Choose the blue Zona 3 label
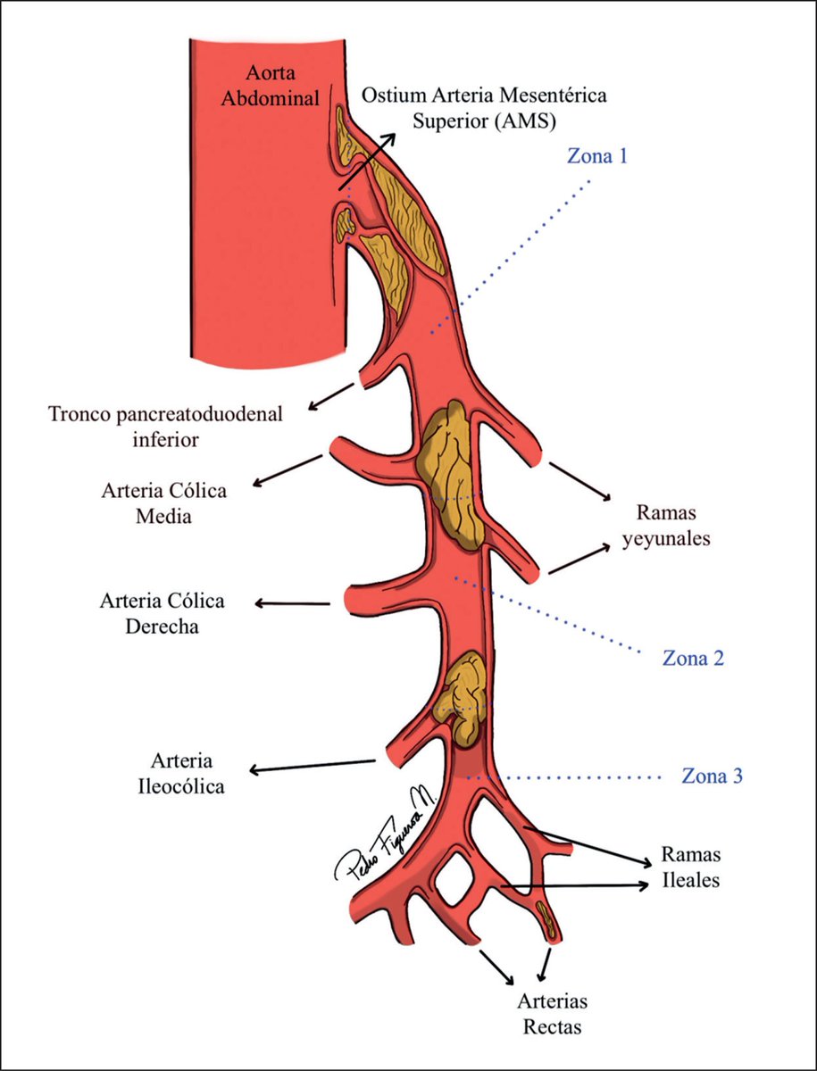tap(712, 776)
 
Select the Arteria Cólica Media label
tap(163, 503)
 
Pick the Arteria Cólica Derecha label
tap(162, 613)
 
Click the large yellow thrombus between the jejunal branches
tap(453, 473)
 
